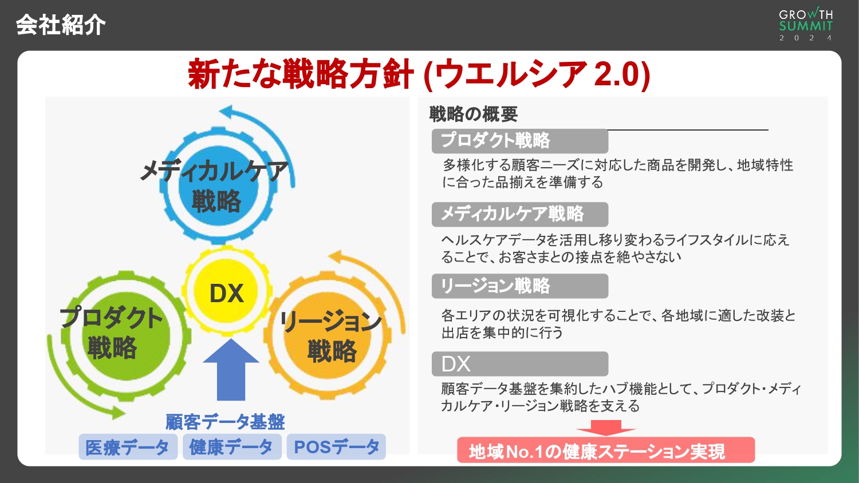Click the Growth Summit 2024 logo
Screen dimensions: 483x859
(x=806, y=25)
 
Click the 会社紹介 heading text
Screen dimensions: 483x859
(x=61, y=25)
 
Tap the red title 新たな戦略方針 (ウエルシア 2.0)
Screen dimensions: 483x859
(x=419, y=74)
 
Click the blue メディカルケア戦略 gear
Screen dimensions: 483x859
(x=216, y=186)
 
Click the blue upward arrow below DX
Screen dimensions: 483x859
(x=231, y=370)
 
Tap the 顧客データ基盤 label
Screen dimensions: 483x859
(x=225, y=422)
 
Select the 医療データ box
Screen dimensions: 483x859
(x=127, y=447)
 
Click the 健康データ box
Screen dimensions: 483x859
(x=231, y=447)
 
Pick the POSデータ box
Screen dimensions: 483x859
(x=336, y=447)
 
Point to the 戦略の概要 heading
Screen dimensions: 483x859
(x=473, y=114)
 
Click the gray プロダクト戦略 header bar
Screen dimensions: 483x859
(x=519, y=141)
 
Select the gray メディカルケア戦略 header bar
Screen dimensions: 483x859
(x=519, y=214)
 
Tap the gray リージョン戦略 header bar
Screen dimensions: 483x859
(x=519, y=286)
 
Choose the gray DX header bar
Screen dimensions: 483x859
(x=519, y=364)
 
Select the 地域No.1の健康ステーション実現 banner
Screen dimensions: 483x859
(x=605, y=451)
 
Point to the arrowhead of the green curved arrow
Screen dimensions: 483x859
(x=119, y=412)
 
